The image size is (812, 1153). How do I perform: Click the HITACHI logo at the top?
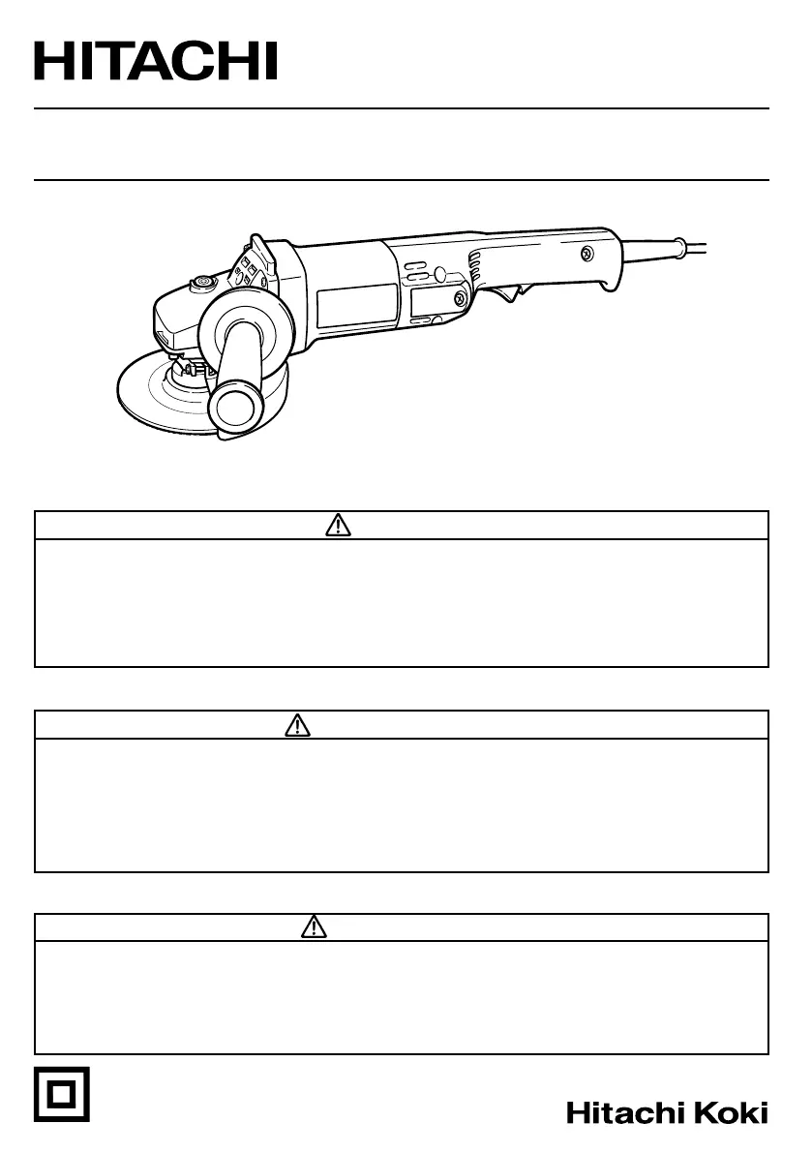pos(155,61)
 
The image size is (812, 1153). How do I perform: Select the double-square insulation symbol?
pos(62,1094)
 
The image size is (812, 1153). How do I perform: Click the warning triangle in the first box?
pos(338,526)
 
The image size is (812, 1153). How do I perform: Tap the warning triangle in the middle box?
pos(297,725)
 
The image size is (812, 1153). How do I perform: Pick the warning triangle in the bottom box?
pos(314,926)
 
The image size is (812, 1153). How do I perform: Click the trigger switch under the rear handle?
pos(512,294)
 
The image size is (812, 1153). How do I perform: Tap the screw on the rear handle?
pos(586,255)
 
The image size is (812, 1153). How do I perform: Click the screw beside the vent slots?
pos(460,298)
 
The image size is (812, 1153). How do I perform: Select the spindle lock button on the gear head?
pos(200,283)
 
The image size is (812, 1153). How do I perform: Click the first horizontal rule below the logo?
pos(402,108)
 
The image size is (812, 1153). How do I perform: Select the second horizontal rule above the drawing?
pos(402,179)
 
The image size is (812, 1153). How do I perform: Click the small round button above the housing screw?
pos(440,274)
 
